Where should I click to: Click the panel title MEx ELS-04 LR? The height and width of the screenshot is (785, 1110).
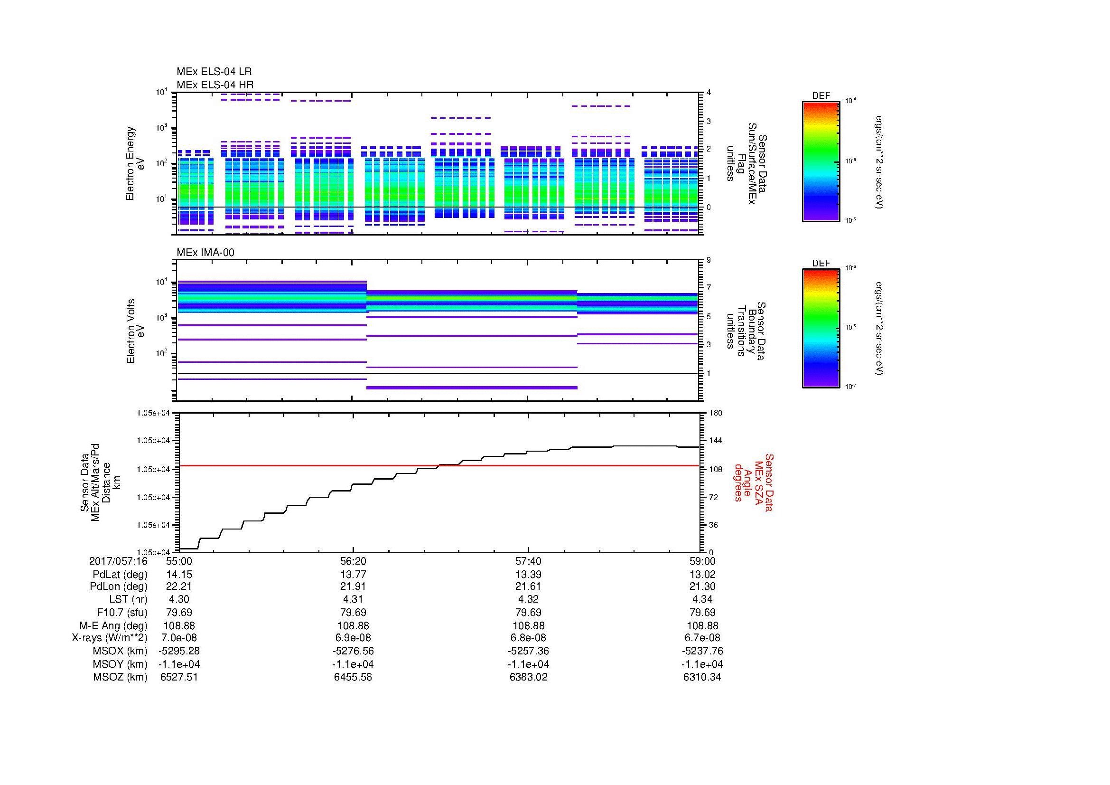214,72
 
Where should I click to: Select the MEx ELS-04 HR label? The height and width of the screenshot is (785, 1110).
215,85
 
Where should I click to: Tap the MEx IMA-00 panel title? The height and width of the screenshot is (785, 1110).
205,253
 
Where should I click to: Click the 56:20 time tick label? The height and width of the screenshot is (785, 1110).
354,561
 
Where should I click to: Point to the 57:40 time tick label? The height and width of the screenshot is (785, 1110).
528,561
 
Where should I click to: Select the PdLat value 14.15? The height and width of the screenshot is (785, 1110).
179,575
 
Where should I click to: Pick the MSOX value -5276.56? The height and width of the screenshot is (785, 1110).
354,651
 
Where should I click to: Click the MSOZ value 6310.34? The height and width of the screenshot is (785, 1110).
702,677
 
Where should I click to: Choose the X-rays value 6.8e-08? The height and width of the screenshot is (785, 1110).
528,638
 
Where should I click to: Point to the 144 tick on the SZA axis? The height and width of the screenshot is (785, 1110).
716,441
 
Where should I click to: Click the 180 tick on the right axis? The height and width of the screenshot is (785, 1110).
716,413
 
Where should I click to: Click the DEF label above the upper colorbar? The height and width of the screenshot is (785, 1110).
821,96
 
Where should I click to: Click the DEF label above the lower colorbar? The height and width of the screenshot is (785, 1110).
821,264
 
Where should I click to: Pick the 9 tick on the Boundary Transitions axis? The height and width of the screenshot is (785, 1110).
709,260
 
